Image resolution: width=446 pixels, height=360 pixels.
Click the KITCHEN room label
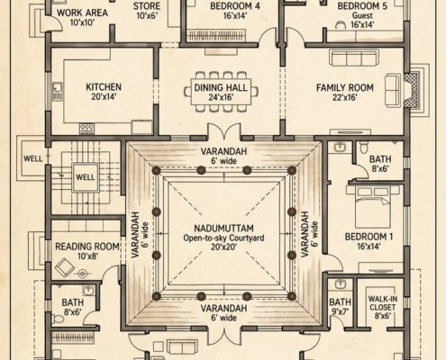[x=104, y=87]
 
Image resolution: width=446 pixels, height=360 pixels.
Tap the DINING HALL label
[x=221, y=87]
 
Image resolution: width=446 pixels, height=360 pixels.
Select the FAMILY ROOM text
[x=345, y=87]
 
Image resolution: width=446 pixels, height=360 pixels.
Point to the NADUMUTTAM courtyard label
[x=223, y=229]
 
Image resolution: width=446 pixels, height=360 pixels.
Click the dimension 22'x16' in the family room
[x=345, y=97]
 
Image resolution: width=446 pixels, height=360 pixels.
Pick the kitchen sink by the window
[x=57, y=92]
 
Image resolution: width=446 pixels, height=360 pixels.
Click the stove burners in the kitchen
[x=86, y=129]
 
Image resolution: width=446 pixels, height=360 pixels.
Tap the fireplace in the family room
[x=410, y=89]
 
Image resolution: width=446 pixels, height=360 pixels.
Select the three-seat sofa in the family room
[x=353, y=58]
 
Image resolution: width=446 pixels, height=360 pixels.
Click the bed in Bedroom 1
[x=373, y=207]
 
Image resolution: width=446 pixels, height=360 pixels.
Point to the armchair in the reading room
[x=65, y=267]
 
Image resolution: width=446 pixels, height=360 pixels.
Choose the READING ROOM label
[x=87, y=247]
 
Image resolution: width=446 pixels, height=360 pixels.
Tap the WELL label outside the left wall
[x=32, y=158]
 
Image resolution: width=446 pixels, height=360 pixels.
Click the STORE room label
[x=147, y=6]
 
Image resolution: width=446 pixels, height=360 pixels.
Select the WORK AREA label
[x=82, y=13]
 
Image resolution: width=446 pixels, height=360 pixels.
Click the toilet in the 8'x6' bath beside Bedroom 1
[x=363, y=148]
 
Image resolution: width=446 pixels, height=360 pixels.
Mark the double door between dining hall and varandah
[x=224, y=131]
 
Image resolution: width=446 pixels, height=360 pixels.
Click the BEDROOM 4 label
[x=235, y=6]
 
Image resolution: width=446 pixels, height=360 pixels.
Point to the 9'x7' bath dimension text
[x=340, y=311]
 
